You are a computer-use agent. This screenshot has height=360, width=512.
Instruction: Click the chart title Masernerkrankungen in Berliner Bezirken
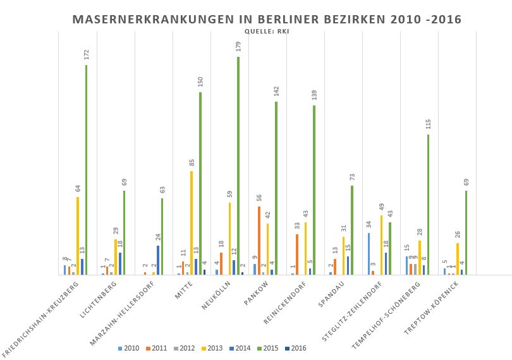tap(267, 20)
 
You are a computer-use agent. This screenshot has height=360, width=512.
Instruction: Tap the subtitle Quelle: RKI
tap(266, 32)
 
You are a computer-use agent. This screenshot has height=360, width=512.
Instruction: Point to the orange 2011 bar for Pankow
tap(259, 240)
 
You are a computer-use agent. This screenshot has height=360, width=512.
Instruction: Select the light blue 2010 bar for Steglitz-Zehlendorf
tap(369, 253)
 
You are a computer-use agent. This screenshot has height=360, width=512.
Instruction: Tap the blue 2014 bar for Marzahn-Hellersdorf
tap(158, 260)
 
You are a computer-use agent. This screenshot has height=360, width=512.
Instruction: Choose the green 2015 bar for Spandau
tap(352, 230)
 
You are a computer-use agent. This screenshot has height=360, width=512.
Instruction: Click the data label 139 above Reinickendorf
tap(314, 95)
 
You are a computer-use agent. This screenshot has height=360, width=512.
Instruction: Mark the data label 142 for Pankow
tap(276, 92)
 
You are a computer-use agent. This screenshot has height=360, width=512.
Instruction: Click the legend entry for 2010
tap(129, 348)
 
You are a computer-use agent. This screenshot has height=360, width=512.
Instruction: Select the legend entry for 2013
tap(212, 348)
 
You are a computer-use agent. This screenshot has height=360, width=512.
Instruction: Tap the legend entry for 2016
tap(296, 348)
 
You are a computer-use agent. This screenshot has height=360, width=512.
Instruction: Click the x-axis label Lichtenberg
tap(99, 300)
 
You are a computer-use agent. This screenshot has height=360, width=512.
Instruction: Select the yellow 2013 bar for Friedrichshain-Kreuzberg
tap(78, 236)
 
